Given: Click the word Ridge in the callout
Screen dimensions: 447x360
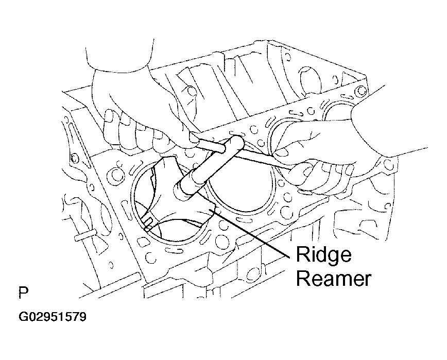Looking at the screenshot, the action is (323, 254).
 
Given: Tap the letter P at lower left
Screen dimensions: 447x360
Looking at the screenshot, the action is (24, 293).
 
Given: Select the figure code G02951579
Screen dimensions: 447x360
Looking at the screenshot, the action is (53, 317).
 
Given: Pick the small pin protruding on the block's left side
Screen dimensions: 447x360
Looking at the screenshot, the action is (83, 235).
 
